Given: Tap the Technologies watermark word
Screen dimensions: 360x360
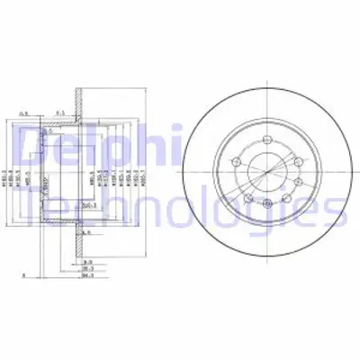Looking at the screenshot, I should tap(180, 211).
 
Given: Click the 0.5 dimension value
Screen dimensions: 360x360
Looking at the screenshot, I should tap(27, 112).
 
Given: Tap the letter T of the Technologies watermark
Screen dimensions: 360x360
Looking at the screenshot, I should tap(27, 211).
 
